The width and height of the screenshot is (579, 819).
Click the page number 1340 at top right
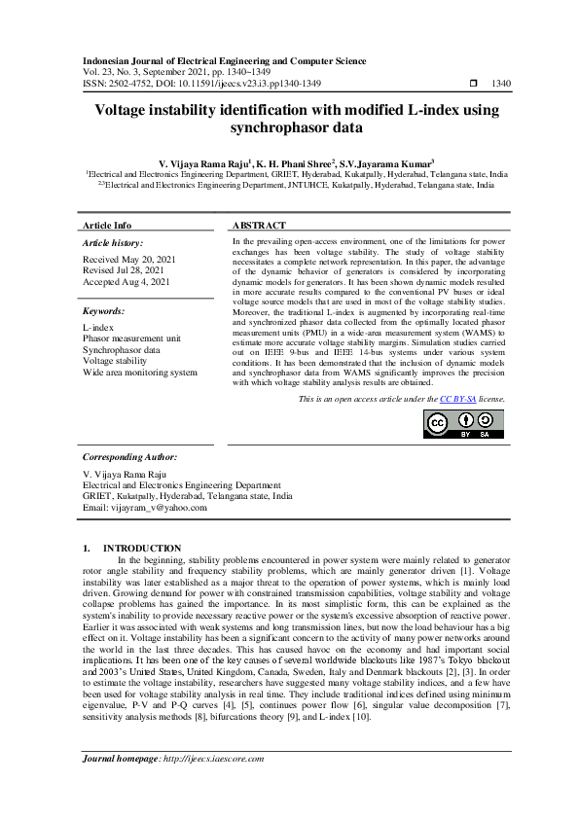[502, 84]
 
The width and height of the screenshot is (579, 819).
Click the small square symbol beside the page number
[474, 84]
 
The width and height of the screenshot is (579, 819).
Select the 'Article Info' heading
[107, 225]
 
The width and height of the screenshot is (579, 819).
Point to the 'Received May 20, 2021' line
[129, 259]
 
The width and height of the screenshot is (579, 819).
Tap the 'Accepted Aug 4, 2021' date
[127, 281]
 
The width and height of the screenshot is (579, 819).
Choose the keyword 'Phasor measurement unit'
[131, 338]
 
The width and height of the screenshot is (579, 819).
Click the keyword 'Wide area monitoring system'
[140, 372]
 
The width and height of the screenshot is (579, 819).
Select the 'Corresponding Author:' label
[129, 456]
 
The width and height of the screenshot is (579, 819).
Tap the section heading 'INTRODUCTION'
[142, 549]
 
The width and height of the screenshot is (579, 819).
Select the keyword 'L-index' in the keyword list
[98, 328]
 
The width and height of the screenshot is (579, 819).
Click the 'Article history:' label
[113, 242]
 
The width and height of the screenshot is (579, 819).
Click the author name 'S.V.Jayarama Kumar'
[385, 162]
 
